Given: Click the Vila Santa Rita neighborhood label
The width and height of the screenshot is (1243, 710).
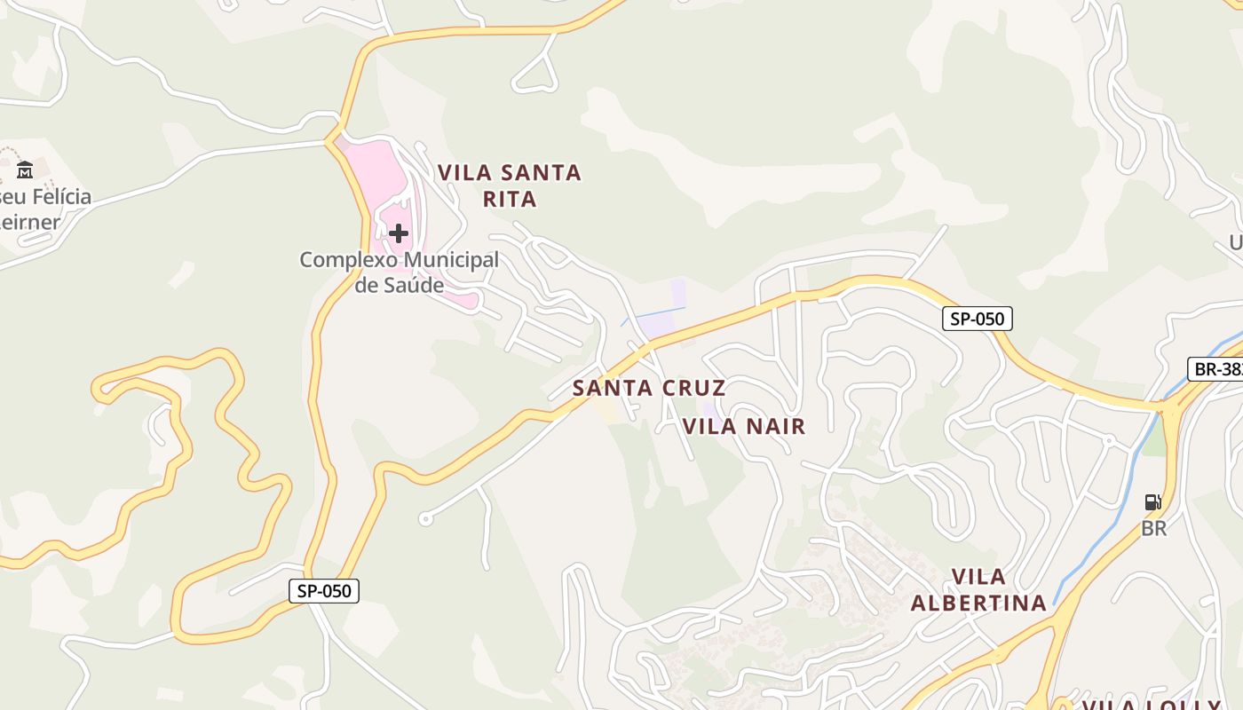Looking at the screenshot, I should point(510,185).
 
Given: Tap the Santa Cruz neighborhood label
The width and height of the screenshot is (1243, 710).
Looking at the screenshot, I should point(649,388).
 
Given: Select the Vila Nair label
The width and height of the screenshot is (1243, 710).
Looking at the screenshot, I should point(744,426).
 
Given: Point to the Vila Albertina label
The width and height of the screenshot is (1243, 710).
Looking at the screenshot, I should point(978,590).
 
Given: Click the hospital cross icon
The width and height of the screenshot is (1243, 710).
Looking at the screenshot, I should point(399,233).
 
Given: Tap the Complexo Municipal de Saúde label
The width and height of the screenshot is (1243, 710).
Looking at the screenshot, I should point(399,272).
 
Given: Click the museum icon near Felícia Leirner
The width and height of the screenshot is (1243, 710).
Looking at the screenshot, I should point(25,169).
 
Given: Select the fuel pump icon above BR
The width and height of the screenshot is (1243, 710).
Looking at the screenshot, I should point(1152,503).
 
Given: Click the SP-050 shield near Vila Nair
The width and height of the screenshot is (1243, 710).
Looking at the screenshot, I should point(977,319).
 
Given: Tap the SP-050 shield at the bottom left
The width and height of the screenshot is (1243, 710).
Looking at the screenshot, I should point(324,590).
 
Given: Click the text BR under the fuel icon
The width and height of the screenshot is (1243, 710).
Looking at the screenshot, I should point(1153,528).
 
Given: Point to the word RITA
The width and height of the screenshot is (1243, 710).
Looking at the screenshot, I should point(510,199).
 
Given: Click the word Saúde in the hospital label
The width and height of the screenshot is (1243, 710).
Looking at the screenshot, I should point(412,285).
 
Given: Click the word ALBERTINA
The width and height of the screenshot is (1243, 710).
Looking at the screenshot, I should point(978,603).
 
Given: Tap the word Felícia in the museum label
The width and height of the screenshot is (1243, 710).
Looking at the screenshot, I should point(59,196).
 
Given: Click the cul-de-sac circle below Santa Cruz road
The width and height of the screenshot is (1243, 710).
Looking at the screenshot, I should point(425,519).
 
